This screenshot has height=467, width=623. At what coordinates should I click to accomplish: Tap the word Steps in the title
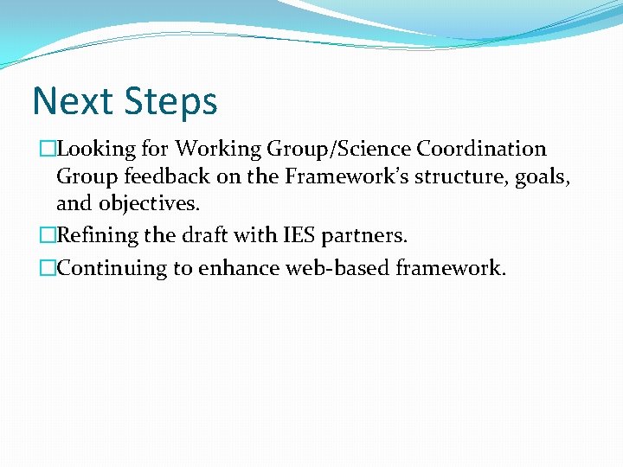pyautogui.click(x=171, y=103)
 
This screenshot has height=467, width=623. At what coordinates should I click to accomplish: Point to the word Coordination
pyautogui.click(x=481, y=149)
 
